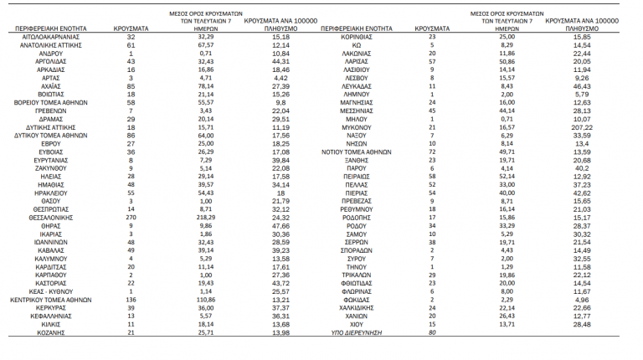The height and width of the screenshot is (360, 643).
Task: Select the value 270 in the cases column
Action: [131, 217]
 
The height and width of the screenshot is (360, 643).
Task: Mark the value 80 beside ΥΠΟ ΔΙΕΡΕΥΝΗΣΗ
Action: [433, 333]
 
